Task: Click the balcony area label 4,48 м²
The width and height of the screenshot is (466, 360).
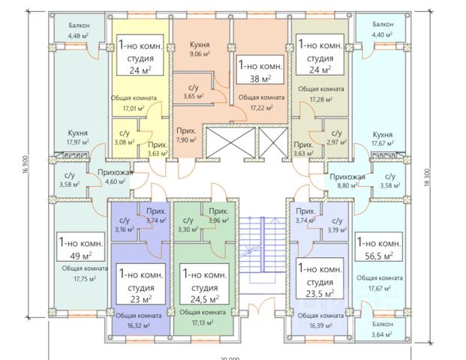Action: click(x=78, y=35)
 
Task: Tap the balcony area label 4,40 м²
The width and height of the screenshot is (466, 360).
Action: click(x=386, y=34)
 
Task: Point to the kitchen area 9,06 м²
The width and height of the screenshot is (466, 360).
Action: click(x=199, y=54)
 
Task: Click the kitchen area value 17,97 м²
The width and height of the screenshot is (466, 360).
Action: click(x=78, y=142)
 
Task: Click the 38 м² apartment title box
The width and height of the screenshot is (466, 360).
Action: click(x=260, y=71)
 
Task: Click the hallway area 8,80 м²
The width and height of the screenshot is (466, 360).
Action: click(x=347, y=184)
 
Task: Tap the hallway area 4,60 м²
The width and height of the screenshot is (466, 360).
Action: click(x=115, y=180)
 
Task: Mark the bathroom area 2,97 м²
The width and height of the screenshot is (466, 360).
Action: click(x=335, y=142)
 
